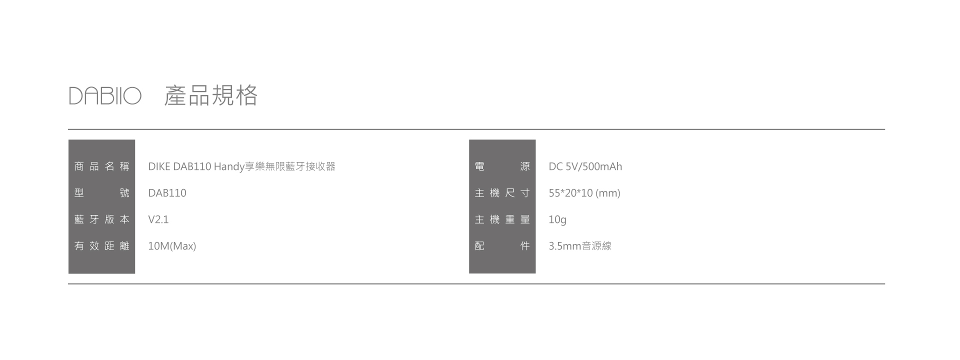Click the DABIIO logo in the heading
point(105,96)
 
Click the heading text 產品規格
point(210,95)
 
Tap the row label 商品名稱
point(101,166)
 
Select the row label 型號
point(101,193)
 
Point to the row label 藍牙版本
point(101,219)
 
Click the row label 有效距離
point(101,246)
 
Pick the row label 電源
point(502,166)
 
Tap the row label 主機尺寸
point(502,193)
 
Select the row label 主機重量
point(502,219)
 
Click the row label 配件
point(502,246)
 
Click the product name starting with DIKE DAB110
point(241,166)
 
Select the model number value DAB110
point(167,193)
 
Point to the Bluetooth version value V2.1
point(158,219)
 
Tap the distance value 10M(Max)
point(172,246)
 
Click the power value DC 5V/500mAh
point(585,166)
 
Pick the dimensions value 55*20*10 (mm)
point(584,193)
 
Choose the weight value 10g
point(557,219)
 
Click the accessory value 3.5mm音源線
point(580,246)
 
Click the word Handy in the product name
point(229,167)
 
